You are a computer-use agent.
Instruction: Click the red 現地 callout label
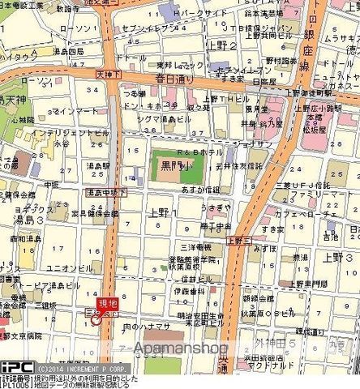(101, 303)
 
